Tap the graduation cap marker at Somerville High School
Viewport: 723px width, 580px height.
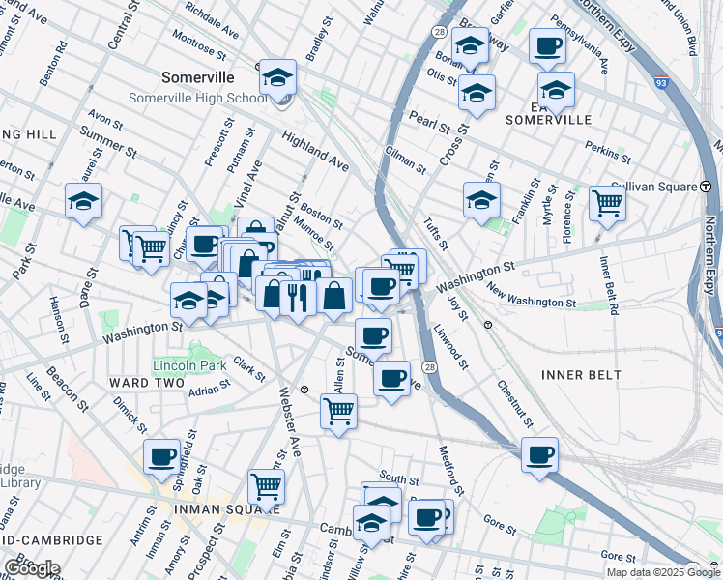(278, 78)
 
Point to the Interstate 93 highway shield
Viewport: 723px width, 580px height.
(661, 83)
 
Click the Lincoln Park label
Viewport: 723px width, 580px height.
(188, 365)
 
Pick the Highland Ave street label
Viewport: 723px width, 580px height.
(315, 151)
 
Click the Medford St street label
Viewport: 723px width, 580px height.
(450, 464)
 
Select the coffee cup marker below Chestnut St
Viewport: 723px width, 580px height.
(539, 454)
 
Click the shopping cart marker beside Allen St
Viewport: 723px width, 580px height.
(338, 411)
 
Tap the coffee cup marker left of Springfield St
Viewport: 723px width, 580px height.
(162, 456)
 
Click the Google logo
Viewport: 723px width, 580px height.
(32, 567)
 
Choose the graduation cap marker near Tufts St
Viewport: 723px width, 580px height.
(481, 200)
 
